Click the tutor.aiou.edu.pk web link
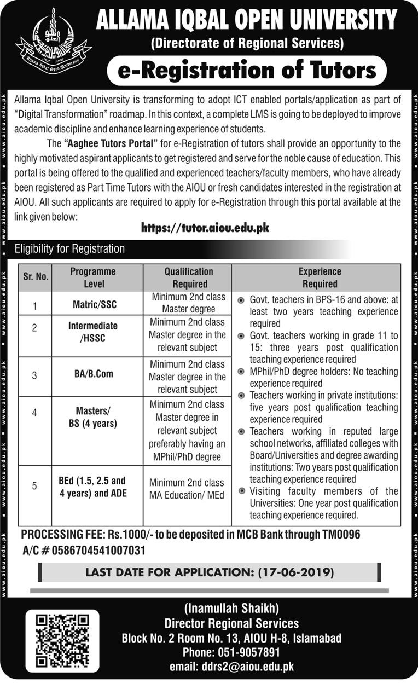tap(205, 228)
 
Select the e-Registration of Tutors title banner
tap(247, 71)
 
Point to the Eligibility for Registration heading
tap(69, 249)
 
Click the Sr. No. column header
tap(36, 277)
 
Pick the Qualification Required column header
tap(188, 277)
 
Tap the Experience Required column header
tap(320, 277)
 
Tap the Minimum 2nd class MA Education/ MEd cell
tap(188, 489)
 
